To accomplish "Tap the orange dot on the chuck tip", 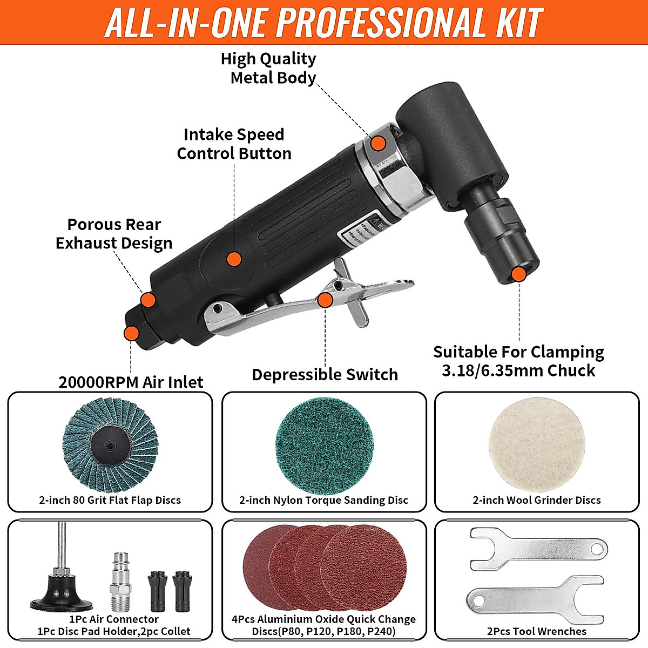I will (518, 274).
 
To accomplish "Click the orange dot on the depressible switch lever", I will (325, 300).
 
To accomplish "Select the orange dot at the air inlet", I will (131, 333).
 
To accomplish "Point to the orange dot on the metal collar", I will (379, 143).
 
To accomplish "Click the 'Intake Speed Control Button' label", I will (234, 144).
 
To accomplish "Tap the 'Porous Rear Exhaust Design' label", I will (114, 234).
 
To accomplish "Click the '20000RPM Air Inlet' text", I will (131, 382).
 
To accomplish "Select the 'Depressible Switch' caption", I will (325, 374).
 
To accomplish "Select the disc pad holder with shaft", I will (60, 583).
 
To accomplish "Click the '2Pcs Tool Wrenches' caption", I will (537, 631).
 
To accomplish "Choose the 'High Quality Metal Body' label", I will (269, 68).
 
